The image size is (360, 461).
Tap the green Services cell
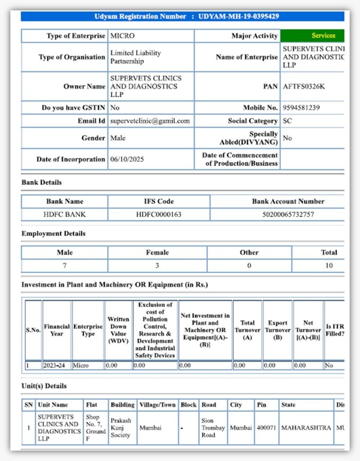pyautogui.click(x=323, y=36)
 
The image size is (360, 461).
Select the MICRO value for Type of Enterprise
pyautogui.click(x=122, y=36)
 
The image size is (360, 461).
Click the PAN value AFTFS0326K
pyautogui.click(x=304, y=86)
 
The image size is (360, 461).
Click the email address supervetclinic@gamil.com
pyautogui.click(x=150, y=121)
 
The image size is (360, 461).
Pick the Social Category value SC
pyautogui.click(x=287, y=121)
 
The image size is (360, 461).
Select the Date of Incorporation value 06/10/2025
pyautogui.click(x=127, y=159)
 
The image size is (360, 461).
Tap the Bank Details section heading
pyautogui.click(x=42, y=182)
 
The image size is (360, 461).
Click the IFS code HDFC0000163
pyautogui.click(x=159, y=214)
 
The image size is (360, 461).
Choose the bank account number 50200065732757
pyautogui.click(x=288, y=214)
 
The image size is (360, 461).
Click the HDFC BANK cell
pyautogui.click(x=64, y=214)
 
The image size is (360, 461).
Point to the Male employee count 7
pyautogui.click(x=64, y=266)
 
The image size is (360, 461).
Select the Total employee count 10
pyautogui.click(x=329, y=266)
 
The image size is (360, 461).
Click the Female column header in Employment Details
pyautogui.click(x=157, y=253)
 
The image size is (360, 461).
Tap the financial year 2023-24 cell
pyautogui.click(x=54, y=366)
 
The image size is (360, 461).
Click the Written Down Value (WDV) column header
pyautogui.click(x=118, y=330)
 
